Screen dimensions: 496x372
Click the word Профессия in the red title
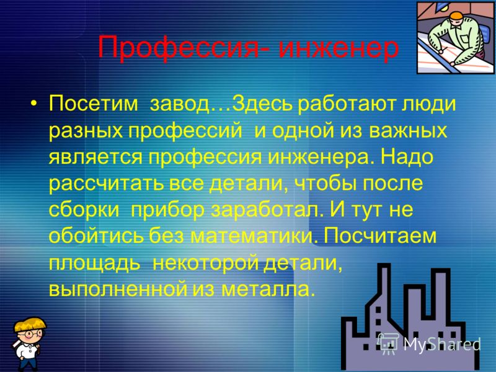click(182, 48)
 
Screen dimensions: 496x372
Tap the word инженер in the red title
click(338, 48)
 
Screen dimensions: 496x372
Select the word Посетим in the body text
click(94, 103)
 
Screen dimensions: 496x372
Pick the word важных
click(408, 130)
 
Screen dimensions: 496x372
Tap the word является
click(95, 157)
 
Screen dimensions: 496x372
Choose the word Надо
click(407, 156)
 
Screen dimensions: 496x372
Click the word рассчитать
click(106, 184)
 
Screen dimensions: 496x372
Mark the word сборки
click(84, 210)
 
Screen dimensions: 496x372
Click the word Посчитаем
click(380, 236)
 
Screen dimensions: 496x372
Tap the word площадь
click(95, 263)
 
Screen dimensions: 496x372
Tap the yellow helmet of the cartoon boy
click(30, 324)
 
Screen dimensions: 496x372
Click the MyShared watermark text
click(442, 344)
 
